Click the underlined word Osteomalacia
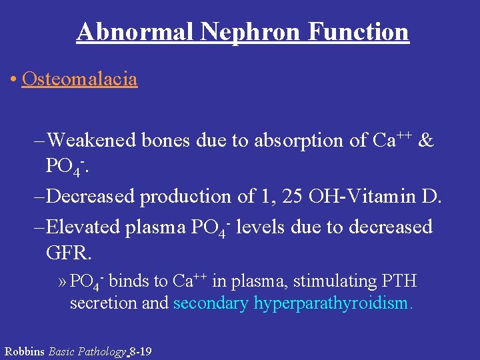(x=79, y=79)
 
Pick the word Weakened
(x=92, y=140)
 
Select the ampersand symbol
(x=427, y=140)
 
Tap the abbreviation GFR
(x=69, y=253)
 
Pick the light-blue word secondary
(x=211, y=304)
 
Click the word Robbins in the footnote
(x=25, y=351)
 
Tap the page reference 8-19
(x=141, y=351)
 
